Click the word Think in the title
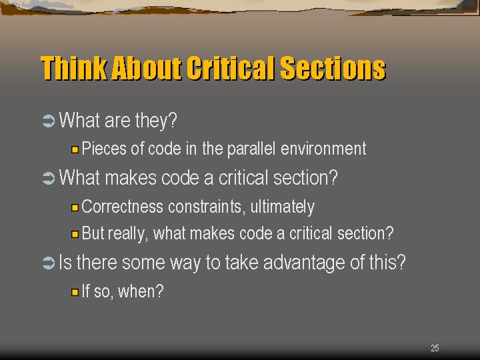point(74,68)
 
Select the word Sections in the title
point(333,68)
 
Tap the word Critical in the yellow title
point(230,68)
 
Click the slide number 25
point(435,348)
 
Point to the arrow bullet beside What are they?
point(49,121)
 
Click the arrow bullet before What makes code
point(49,178)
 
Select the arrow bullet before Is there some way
point(49,263)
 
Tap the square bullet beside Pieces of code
point(75,150)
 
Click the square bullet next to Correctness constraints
point(75,207)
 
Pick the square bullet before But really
point(75,235)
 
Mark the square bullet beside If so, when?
point(75,292)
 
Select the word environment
point(323,149)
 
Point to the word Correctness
point(122,206)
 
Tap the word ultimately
point(282,207)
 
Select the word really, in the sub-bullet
point(128,234)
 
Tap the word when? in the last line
point(141,291)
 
